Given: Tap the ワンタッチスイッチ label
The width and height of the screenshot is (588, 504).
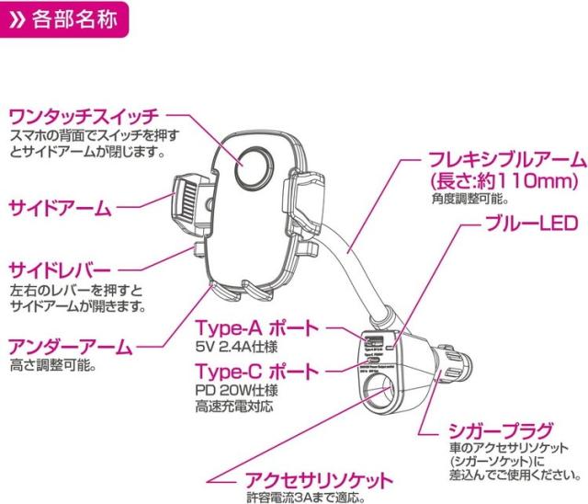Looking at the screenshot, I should pyautogui.click(x=84, y=117).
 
